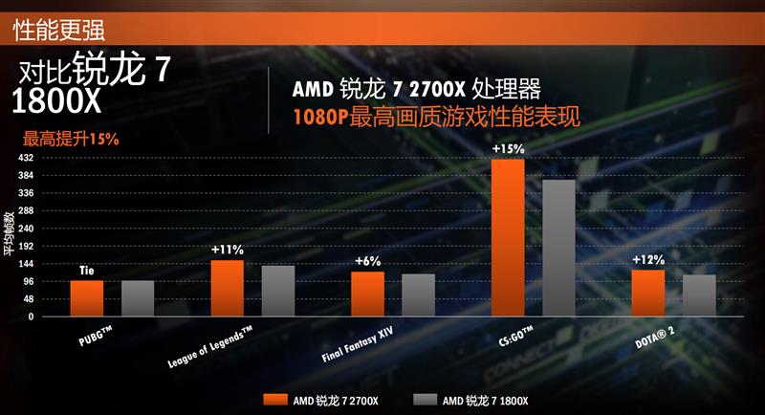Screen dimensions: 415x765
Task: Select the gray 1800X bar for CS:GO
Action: [x=558, y=248]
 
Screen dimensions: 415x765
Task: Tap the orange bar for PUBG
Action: [x=86, y=298]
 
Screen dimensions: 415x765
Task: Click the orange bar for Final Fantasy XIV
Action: [x=367, y=294]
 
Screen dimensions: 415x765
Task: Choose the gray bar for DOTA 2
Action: [x=699, y=295]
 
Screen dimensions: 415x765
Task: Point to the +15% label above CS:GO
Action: [x=508, y=149]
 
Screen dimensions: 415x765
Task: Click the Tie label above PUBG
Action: [x=86, y=272]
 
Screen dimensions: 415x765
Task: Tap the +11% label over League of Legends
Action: [x=228, y=251]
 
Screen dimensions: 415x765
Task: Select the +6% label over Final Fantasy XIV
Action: [x=367, y=262]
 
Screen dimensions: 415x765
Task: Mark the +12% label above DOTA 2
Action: [x=648, y=260]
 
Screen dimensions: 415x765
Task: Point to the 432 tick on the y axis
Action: [x=27, y=158]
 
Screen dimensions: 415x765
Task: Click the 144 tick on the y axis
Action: [x=27, y=264]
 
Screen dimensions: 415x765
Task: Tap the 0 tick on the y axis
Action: [x=32, y=317]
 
